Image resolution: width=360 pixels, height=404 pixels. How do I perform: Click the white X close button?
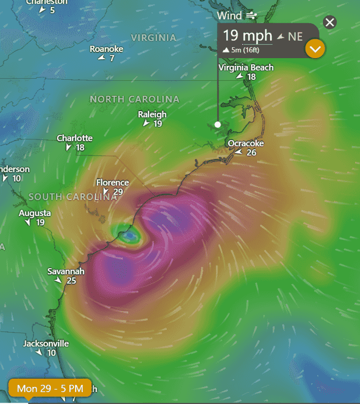click(330, 22)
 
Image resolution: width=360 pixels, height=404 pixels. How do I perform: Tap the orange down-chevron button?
click(315, 49)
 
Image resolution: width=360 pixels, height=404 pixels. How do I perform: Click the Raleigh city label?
click(152, 114)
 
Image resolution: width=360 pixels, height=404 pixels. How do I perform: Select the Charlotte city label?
click(75, 138)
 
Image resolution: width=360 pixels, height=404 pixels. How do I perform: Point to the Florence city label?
click(113, 183)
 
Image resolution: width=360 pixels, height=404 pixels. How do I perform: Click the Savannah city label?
click(66, 271)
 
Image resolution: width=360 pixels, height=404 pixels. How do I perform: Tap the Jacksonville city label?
click(46, 343)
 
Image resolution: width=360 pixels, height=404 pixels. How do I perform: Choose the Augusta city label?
click(35, 213)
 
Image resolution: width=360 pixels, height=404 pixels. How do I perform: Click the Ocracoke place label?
click(246, 143)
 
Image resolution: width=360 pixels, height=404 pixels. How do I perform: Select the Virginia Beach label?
click(246, 67)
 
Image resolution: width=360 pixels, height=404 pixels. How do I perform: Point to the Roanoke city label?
click(106, 49)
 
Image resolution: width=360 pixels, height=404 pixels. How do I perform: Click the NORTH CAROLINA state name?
click(135, 99)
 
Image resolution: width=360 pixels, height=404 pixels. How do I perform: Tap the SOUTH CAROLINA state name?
click(73, 197)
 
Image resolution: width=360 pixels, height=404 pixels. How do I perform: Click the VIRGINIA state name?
click(153, 38)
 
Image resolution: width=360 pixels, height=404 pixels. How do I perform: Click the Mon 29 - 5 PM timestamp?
click(50, 389)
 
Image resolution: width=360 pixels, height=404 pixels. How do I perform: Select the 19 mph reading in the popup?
click(247, 36)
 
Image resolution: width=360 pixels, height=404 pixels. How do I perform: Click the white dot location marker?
click(218, 125)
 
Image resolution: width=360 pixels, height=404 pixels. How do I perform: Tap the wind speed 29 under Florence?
click(118, 192)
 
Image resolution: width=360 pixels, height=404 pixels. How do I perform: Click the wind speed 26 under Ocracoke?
click(251, 153)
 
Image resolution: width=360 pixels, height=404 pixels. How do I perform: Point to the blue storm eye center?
click(130, 236)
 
